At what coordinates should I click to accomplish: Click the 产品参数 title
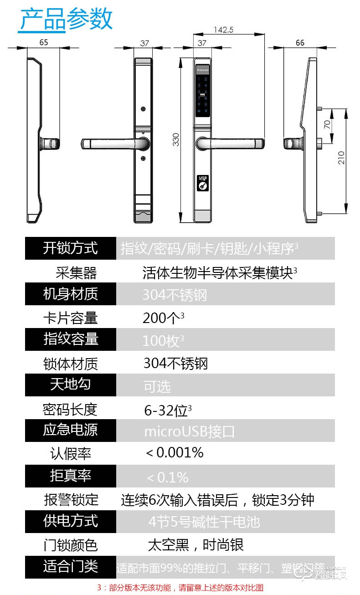coord(66,20)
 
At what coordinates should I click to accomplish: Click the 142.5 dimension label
coord(224,30)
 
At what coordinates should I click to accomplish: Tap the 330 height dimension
coord(176,139)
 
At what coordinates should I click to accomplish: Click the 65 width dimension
coord(43,43)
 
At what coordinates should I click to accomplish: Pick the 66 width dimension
coord(300,43)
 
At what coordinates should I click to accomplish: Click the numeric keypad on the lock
coord(203,95)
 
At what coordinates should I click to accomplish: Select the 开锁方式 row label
coord(71,248)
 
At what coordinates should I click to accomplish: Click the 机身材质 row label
coord(71,294)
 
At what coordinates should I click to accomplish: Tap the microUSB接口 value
coord(189,431)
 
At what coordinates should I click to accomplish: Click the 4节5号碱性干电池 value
coord(204,522)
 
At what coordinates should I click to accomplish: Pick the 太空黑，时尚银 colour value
coord(195,545)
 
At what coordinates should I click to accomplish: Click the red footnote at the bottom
coord(180,588)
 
